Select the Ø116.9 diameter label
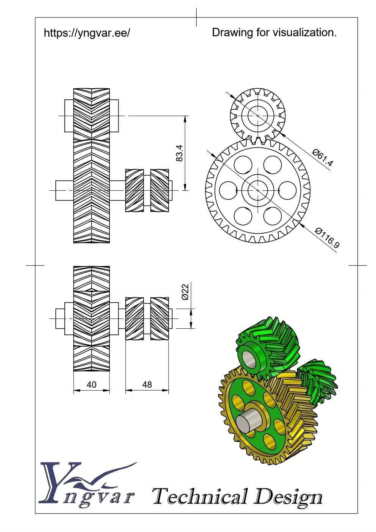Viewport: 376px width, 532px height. coord(327,237)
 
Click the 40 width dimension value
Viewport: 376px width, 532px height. coord(91,384)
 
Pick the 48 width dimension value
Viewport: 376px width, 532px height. coord(147,384)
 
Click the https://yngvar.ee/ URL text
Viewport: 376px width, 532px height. coord(87,33)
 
